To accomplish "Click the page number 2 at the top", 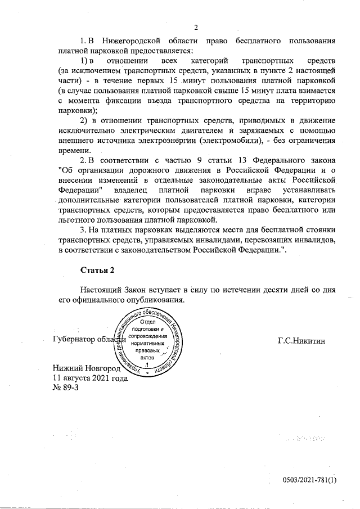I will (196, 26).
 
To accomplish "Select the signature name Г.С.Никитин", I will (301, 340).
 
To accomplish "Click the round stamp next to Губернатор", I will (147, 340).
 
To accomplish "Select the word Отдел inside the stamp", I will (147, 321).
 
